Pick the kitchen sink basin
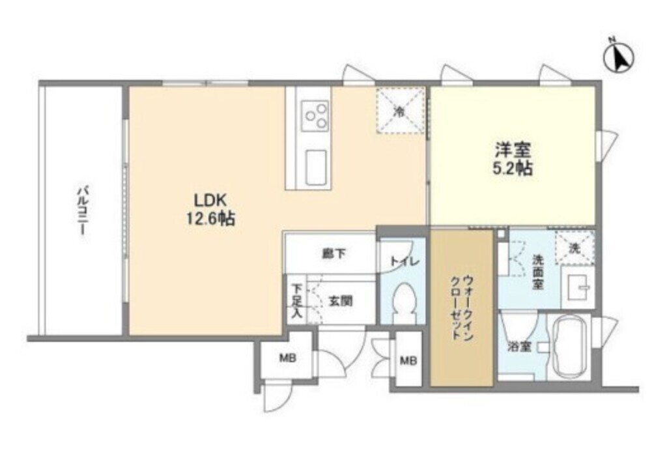point(316,166)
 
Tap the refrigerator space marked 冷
point(401,111)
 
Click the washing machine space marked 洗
point(574,248)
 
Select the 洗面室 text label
point(537,272)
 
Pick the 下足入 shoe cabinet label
point(296,301)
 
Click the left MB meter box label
point(285,359)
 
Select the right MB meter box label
point(408,360)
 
